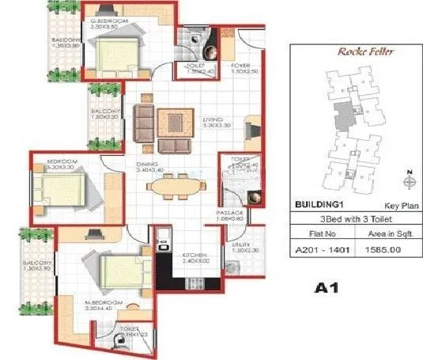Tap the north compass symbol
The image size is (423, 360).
tap(407, 179)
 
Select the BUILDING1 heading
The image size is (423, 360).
tap(319, 204)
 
